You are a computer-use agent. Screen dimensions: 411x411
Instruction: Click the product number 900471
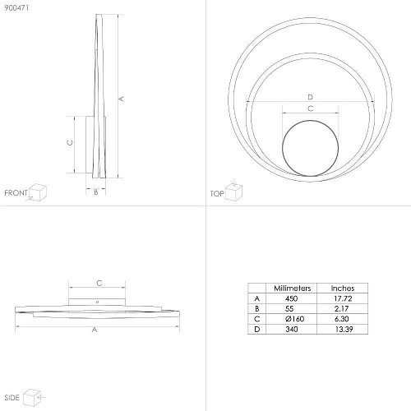[x=16, y=8]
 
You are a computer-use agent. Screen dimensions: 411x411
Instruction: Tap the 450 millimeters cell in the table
[x=291, y=298]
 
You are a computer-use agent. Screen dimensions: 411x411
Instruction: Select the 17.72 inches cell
[x=343, y=298]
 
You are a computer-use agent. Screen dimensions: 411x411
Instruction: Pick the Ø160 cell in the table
[x=294, y=319]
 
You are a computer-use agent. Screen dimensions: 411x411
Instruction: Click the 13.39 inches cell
[x=344, y=329]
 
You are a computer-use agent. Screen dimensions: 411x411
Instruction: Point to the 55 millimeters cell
[x=289, y=308]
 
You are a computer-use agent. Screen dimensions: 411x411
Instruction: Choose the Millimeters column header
[x=293, y=289]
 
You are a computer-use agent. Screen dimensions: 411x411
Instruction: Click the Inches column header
[x=343, y=289]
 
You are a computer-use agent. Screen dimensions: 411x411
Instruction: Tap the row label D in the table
[x=257, y=329]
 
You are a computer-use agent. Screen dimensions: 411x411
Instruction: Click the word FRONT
[x=16, y=193]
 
